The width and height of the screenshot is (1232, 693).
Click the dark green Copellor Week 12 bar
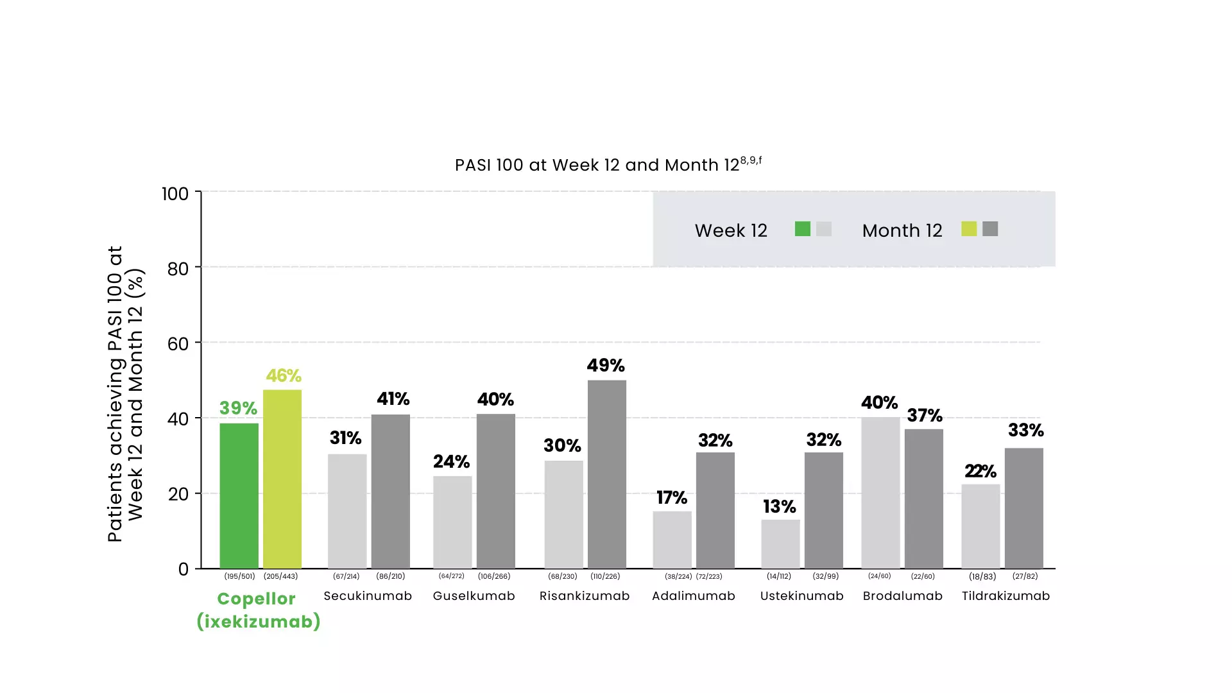[x=239, y=495]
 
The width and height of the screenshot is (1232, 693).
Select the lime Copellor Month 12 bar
[x=282, y=479]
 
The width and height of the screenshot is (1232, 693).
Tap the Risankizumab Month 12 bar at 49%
[x=607, y=474]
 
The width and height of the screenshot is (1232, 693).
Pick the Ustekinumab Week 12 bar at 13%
[x=780, y=543]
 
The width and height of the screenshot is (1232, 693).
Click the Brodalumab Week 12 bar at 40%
[x=880, y=493]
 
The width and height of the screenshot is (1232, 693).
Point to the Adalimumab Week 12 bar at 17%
[x=672, y=540]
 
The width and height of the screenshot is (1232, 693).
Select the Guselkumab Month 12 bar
[x=495, y=491]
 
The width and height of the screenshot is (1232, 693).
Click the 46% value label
[x=284, y=375]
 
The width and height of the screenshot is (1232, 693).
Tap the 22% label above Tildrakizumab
[x=980, y=471]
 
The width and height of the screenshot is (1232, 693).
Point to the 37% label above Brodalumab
[x=925, y=415]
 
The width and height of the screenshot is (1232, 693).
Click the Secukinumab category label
[x=368, y=596]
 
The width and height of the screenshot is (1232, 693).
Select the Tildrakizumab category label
[x=1005, y=596]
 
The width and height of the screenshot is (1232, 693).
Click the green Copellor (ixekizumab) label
[x=258, y=610]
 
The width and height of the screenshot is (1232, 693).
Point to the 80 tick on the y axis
[x=178, y=268]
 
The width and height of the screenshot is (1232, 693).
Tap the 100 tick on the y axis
[x=175, y=194]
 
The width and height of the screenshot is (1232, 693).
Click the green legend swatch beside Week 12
[x=802, y=229]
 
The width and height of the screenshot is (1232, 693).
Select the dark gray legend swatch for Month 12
[x=990, y=229]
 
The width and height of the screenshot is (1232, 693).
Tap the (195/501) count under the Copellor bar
[x=239, y=576]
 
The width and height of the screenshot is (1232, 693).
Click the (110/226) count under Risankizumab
[x=605, y=576]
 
